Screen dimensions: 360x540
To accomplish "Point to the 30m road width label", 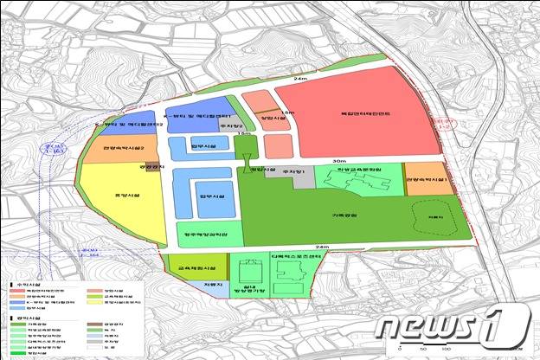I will (338, 161).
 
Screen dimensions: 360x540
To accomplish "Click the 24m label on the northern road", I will (300, 80).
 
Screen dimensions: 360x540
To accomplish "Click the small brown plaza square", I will (153, 166).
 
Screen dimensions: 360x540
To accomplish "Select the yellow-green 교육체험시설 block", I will (196, 265).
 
